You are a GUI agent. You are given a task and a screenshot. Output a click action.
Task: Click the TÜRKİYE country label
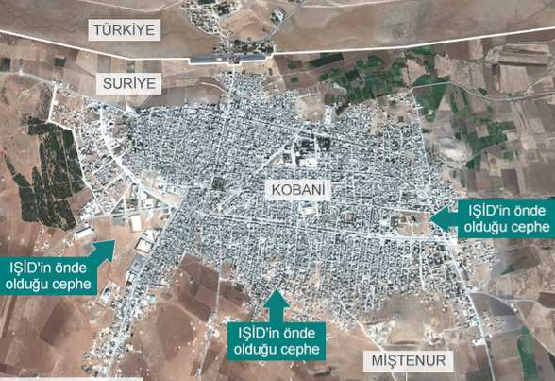[x=124, y=29]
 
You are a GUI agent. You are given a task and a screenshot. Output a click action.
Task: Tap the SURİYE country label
[x=127, y=83]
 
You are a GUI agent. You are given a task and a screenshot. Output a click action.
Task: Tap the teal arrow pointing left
[x=441, y=217]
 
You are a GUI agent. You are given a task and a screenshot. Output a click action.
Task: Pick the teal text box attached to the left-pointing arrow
[x=504, y=217]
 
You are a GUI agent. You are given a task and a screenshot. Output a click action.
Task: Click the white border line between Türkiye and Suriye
[x=396, y=42]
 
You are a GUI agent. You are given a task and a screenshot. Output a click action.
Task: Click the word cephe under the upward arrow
[x=295, y=349]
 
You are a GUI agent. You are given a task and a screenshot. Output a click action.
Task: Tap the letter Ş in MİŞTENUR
[x=389, y=361]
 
